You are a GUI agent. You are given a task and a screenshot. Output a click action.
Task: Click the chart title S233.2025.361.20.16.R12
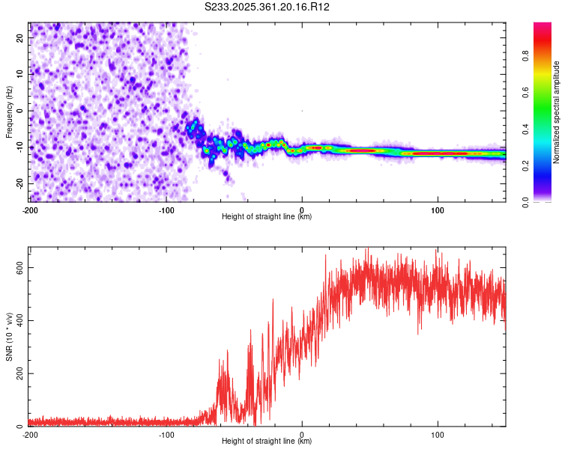pyautogui.click(x=268, y=7)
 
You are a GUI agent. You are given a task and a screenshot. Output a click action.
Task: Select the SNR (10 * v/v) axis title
pyautogui.click(x=9, y=337)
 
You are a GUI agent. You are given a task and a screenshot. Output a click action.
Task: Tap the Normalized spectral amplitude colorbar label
pyautogui.click(x=557, y=112)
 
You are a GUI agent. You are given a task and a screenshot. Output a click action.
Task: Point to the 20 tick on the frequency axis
pyautogui.click(x=20, y=37)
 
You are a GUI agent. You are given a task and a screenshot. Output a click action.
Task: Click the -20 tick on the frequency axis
pyautogui.click(x=19, y=183)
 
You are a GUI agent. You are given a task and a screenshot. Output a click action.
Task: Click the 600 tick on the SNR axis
pyautogui.click(x=17, y=268)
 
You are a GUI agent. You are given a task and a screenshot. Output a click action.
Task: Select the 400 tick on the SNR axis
pyautogui.click(x=17, y=321)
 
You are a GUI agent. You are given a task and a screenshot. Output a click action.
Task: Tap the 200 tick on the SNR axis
pyautogui.click(x=17, y=374)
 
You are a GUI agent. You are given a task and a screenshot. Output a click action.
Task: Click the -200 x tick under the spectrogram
pyautogui.click(x=30, y=209)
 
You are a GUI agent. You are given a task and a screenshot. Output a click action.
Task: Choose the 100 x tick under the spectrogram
pyautogui.click(x=438, y=209)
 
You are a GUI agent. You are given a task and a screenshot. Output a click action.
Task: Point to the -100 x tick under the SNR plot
pyautogui.click(x=166, y=434)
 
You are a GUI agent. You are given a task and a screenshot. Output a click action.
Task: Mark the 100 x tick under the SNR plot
pyautogui.click(x=438, y=434)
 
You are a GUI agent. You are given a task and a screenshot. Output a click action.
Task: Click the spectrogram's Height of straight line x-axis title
pyautogui.click(x=267, y=217)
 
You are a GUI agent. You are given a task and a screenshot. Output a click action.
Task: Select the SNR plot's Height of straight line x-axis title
pyautogui.click(x=267, y=442)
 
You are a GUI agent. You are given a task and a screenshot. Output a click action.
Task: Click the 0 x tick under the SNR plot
pyautogui.click(x=302, y=434)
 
